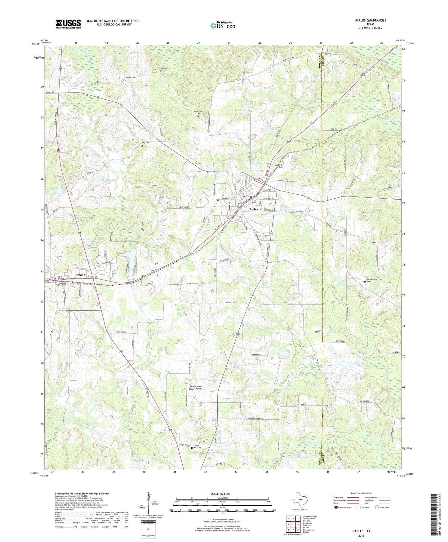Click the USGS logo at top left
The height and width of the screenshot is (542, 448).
pos(68,24)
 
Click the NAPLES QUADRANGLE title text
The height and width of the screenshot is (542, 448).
pos(370,20)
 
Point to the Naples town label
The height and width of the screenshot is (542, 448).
pos(253,209)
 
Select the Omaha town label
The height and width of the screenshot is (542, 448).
pos(80,275)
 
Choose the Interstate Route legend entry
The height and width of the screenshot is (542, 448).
pos(344,507)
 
